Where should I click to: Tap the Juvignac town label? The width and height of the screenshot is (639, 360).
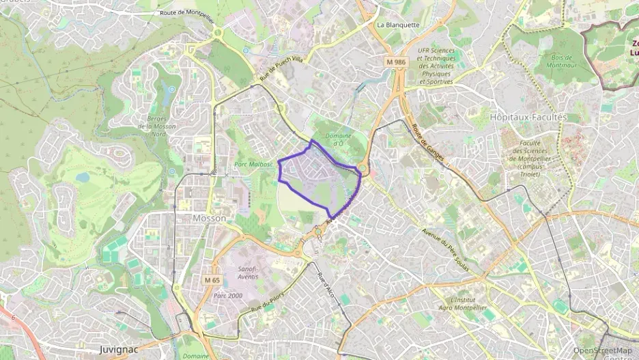tap(119, 349)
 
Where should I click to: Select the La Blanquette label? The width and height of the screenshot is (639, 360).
tap(398, 25)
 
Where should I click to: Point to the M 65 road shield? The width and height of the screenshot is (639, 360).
tap(212, 280)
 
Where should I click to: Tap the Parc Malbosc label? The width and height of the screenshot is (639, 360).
tap(253, 164)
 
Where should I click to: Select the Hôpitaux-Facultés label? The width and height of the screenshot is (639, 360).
tap(528, 117)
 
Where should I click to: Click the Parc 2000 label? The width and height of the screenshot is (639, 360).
tap(227, 295)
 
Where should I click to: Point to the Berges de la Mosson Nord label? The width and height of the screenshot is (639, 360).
tap(156, 126)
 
